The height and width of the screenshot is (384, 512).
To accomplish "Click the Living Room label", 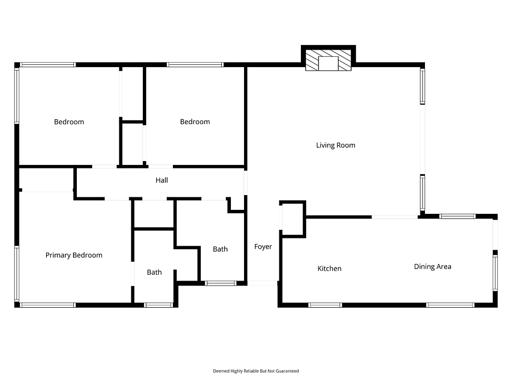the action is click(x=335, y=145).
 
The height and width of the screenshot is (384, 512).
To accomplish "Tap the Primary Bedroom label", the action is click(x=74, y=255).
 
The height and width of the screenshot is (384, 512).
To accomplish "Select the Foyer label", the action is click(x=263, y=247).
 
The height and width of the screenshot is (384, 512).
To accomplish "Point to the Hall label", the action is click(x=162, y=180).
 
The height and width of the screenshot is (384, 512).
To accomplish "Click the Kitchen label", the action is click(x=329, y=269).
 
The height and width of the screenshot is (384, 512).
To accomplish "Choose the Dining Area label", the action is click(x=432, y=267).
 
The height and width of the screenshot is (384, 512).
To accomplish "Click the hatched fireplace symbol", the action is click(x=328, y=60).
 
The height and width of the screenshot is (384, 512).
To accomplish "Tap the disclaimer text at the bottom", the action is click(x=255, y=371).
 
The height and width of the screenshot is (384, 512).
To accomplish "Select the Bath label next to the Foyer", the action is click(x=220, y=249).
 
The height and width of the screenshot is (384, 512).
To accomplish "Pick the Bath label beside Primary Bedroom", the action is click(x=154, y=272).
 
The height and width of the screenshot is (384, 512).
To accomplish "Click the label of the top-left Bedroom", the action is click(x=69, y=122).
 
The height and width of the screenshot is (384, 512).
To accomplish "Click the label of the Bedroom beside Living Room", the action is click(x=195, y=122).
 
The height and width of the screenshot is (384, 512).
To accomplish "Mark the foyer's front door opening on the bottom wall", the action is click(x=262, y=283).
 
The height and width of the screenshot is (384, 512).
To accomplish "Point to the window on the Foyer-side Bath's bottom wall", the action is click(x=220, y=283).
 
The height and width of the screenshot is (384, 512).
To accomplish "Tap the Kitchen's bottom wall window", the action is click(x=325, y=305).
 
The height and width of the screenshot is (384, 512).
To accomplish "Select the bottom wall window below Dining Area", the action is click(x=450, y=305).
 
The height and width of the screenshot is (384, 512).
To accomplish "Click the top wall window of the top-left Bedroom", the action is click(x=48, y=65).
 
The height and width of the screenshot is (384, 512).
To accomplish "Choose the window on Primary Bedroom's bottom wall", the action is click(x=48, y=305).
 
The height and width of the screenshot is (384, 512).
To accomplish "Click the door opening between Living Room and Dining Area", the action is click(x=394, y=217).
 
